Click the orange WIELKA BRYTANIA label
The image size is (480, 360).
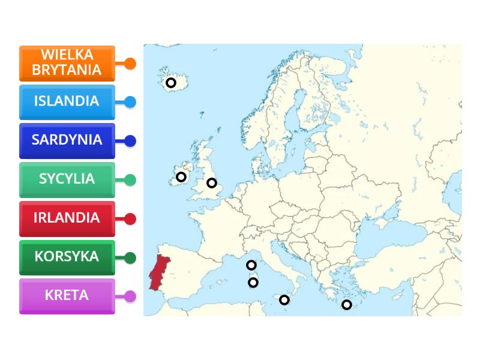(x=67, y=63)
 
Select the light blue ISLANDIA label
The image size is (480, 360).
(x=67, y=101)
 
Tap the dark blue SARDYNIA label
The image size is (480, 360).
(x=67, y=140)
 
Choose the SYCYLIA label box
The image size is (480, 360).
(x=67, y=179)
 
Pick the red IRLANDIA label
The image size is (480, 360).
(x=67, y=218)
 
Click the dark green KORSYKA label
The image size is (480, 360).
(x=67, y=257)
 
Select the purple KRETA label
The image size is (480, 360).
(x=67, y=296)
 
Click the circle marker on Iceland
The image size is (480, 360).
(x=171, y=83)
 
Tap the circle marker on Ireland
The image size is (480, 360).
(x=181, y=177)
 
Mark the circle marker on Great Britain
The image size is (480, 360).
(x=212, y=183)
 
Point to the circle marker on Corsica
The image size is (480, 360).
(x=251, y=265)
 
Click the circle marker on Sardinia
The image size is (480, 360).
(x=253, y=282)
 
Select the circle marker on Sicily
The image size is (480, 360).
(x=284, y=300)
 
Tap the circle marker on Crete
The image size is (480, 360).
(x=346, y=305)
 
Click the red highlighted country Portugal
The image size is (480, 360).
(x=160, y=271)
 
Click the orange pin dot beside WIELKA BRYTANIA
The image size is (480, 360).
(x=130, y=64)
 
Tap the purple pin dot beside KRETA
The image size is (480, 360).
(x=130, y=296)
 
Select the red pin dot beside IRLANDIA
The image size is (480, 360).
(x=130, y=219)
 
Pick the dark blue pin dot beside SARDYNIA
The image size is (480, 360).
(x=130, y=141)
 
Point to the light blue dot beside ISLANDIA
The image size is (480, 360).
(x=130, y=102)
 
